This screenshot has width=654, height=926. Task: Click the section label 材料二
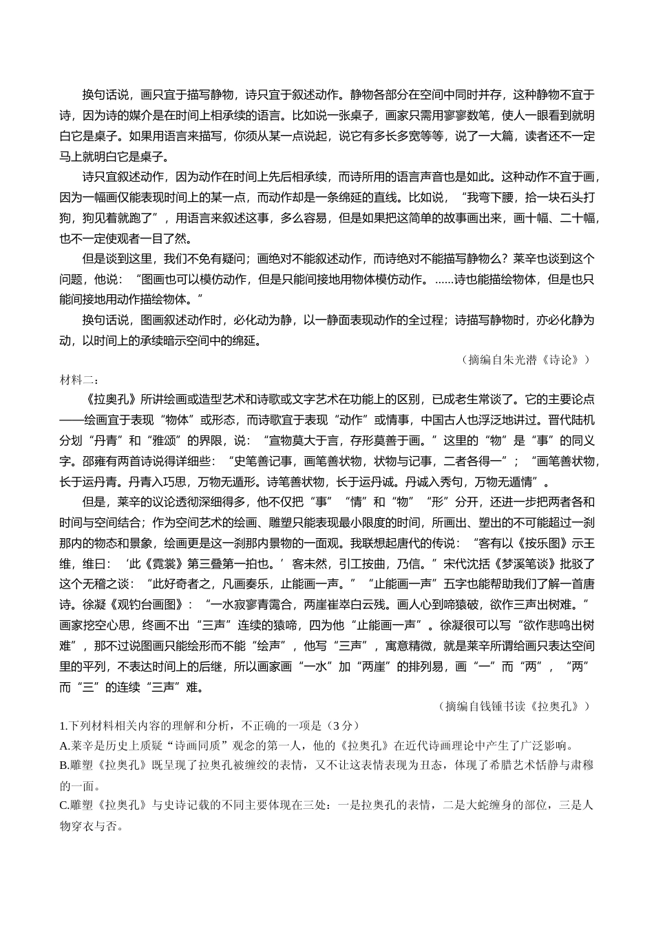click(x=79, y=380)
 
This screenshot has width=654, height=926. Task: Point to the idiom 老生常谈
click(x=493, y=400)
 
